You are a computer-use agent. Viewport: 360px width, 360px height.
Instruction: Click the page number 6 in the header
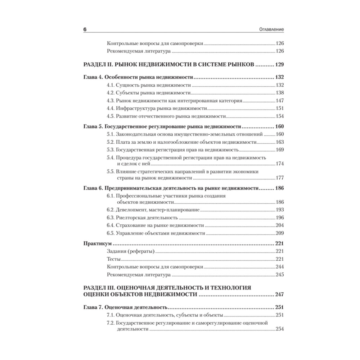point(85,29)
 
